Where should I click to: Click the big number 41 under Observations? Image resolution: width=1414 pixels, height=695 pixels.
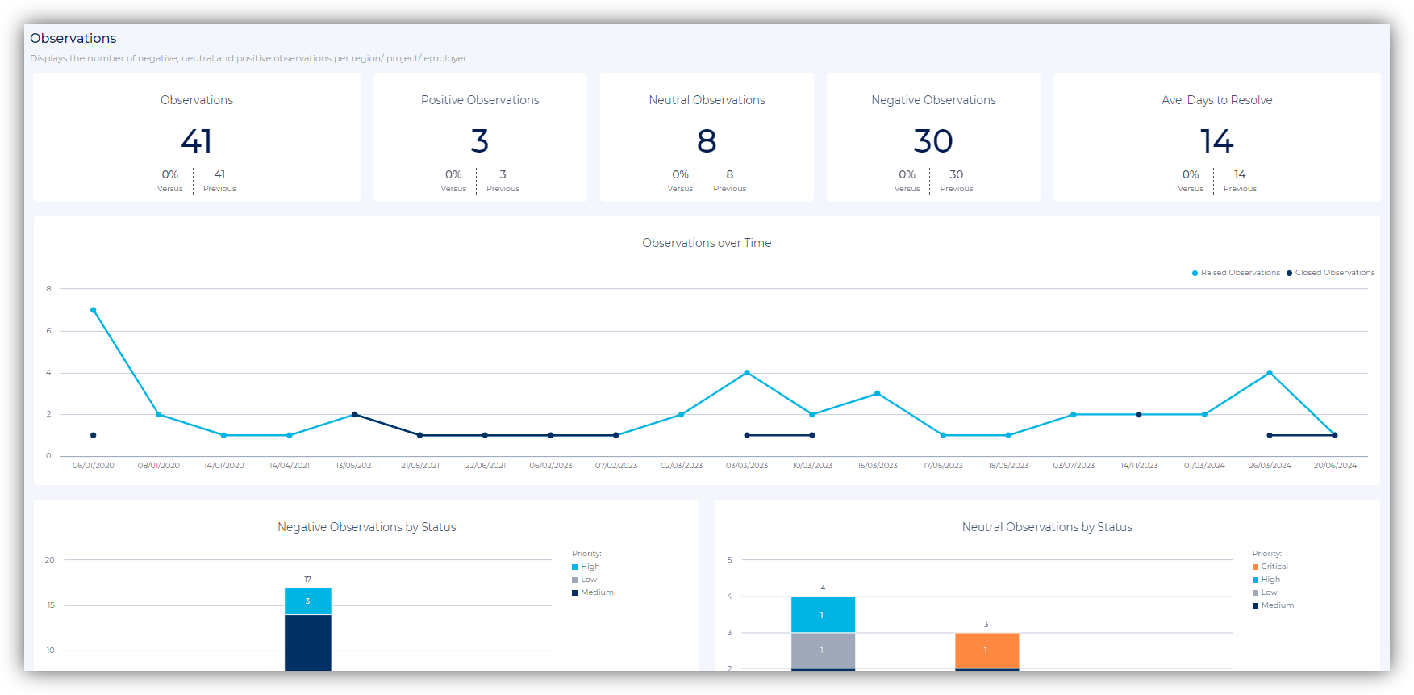point(197,141)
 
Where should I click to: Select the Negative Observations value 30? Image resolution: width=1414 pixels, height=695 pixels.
point(933,141)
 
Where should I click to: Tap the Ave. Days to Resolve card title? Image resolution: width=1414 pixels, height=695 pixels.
point(1216,100)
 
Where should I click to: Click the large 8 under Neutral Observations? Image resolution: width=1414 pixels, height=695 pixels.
point(707,141)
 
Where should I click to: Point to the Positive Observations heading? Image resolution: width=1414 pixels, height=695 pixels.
point(480,100)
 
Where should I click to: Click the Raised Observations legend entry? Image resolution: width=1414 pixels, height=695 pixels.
point(1236,273)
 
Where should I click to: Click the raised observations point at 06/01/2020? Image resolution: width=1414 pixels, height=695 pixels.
point(94,310)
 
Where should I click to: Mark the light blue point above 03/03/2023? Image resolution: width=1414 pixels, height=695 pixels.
point(747,373)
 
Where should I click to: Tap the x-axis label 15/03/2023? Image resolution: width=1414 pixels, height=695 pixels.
point(878,466)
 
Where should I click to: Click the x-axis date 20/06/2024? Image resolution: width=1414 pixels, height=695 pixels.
point(1335,466)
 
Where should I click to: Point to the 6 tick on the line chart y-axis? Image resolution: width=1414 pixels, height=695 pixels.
point(48,331)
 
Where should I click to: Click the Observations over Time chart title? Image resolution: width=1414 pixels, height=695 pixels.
point(707,243)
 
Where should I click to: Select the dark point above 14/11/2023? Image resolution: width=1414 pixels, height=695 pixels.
point(1139,415)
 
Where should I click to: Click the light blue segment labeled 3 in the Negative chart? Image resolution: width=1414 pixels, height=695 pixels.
point(307,601)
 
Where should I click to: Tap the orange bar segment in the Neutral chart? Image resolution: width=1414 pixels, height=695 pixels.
point(986,650)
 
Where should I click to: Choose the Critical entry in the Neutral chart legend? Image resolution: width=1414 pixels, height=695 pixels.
point(1274,567)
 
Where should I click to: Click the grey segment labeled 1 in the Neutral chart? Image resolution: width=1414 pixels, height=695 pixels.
point(823,650)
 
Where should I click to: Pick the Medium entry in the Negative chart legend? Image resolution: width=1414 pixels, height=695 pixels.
point(597,592)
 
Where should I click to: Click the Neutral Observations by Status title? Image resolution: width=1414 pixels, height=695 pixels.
point(1047,527)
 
